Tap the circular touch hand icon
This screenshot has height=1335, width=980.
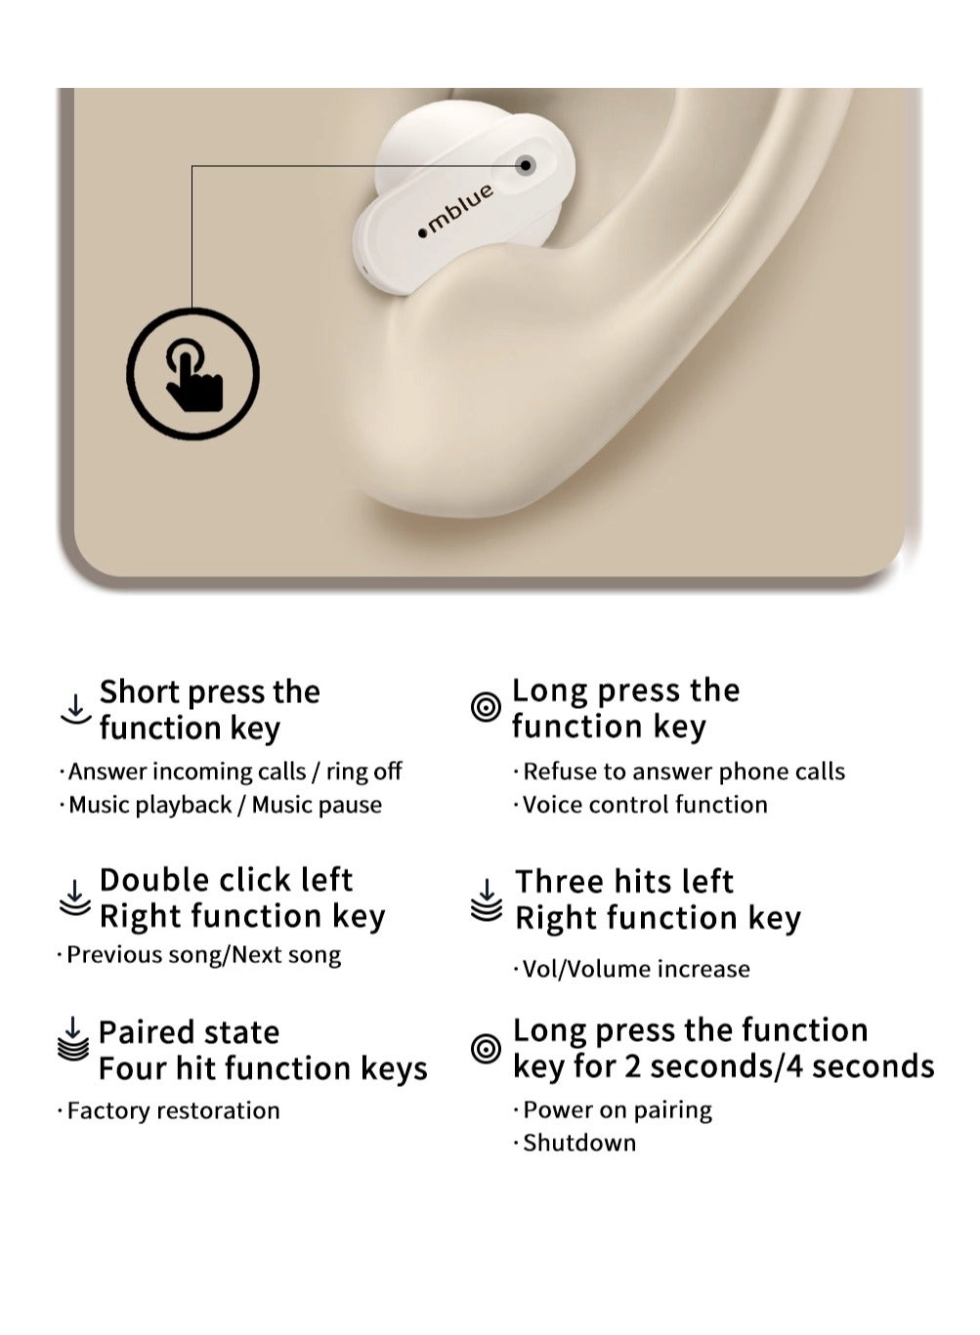point(193,373)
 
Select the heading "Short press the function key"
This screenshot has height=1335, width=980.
point(209,710)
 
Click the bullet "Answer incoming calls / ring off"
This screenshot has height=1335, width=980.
point(234,772)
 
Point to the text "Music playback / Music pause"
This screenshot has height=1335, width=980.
point(225,805)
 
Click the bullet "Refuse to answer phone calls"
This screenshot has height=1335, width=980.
point(684,772)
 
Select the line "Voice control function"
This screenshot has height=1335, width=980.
point(645,805)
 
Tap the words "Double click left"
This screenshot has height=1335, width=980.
point(226,880)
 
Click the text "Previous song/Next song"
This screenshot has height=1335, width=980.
point(203,954)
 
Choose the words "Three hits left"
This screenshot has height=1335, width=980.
point(624,882)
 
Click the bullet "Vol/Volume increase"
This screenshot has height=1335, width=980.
point(636,969)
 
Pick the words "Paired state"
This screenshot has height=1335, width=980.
point(189,1032)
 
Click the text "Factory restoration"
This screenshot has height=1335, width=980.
point(173,1110)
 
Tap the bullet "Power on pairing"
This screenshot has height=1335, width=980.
point(618,1109)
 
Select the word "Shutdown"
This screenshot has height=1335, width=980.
point(579,1143)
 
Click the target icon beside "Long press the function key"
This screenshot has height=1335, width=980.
point(486,706)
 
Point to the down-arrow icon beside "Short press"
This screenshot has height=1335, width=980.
point(75,709)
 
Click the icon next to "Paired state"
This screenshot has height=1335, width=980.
point(73,1038)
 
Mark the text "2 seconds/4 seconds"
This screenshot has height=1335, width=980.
point(780,1066)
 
